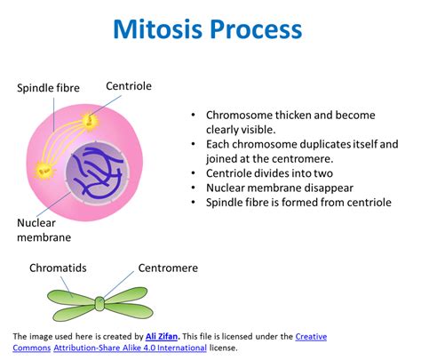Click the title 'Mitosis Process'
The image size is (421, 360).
click(x=210, y=28)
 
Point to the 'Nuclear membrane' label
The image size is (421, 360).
click(x=44, y=230)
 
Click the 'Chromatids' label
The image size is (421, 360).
click(x=58, y=267)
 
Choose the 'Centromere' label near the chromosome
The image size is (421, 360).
click(x=168, y=267)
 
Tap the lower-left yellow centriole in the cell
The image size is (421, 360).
click(x=41, y=169)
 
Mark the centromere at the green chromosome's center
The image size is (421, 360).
click(x=99, y=304)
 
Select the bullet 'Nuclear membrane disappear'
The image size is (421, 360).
click(x=280, y=188)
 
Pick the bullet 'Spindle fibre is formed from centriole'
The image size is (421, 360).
click(x=298, y=203)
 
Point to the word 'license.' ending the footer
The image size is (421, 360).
click(x=249, y=348)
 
